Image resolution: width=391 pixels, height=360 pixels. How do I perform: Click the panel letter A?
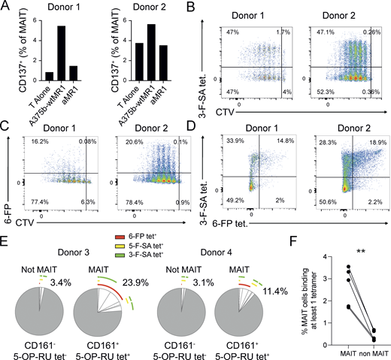[7, 7]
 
